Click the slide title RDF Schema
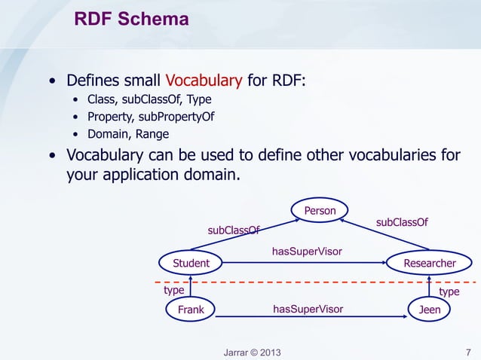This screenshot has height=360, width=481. pyautogui.click(x=131, y=19)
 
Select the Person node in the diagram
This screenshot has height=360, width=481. pyautogui.click(x=320, y=210)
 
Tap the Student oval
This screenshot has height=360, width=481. pyautogui.click(x=191, y=263)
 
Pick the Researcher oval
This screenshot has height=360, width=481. pyautogui.click(x=430, y=263)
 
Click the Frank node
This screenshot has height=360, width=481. pyautogui.click(x=191, y=310)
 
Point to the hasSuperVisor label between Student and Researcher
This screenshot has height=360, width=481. pyautogui.click(x=307, y=252)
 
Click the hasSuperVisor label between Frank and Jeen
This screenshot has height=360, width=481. pyautogui.click(x=308, y=309)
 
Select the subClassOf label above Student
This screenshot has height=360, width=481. pyautogui.click(x=234, y=230)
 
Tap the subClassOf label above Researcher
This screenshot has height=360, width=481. pyautogui.click(x=402, y=222)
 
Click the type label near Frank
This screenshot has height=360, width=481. pyautogui.click(x=174, y=290)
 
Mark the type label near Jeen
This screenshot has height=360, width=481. pyautogui.click(x=449, y=291)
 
